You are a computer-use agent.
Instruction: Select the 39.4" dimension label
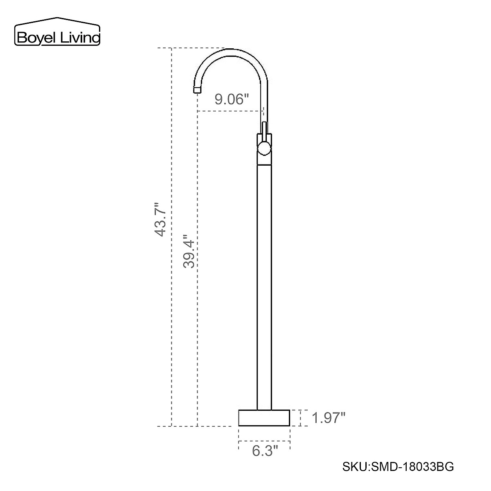[189, 251]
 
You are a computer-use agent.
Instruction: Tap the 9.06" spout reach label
[232, 99]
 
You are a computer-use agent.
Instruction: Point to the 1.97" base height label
[329, 418]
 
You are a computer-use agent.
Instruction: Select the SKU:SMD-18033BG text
[397, 467]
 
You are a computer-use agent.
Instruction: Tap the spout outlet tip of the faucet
[197, 89]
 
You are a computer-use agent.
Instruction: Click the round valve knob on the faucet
[264, 148]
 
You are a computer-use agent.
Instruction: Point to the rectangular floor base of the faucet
[264, 418]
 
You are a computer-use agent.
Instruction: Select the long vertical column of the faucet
[264, 286]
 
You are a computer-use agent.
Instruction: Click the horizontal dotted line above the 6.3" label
[264, 441]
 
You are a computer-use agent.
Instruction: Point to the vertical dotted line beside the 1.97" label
[301, 418]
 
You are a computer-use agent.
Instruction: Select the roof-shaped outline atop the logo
[57, 20]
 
